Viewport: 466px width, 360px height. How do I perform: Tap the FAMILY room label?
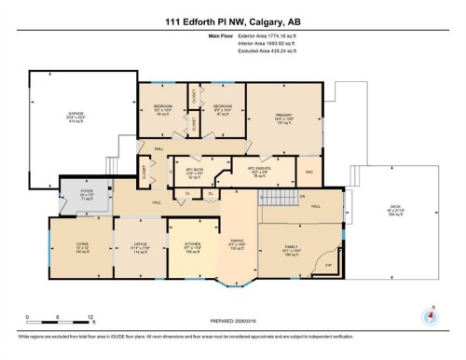coord(291,249)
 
